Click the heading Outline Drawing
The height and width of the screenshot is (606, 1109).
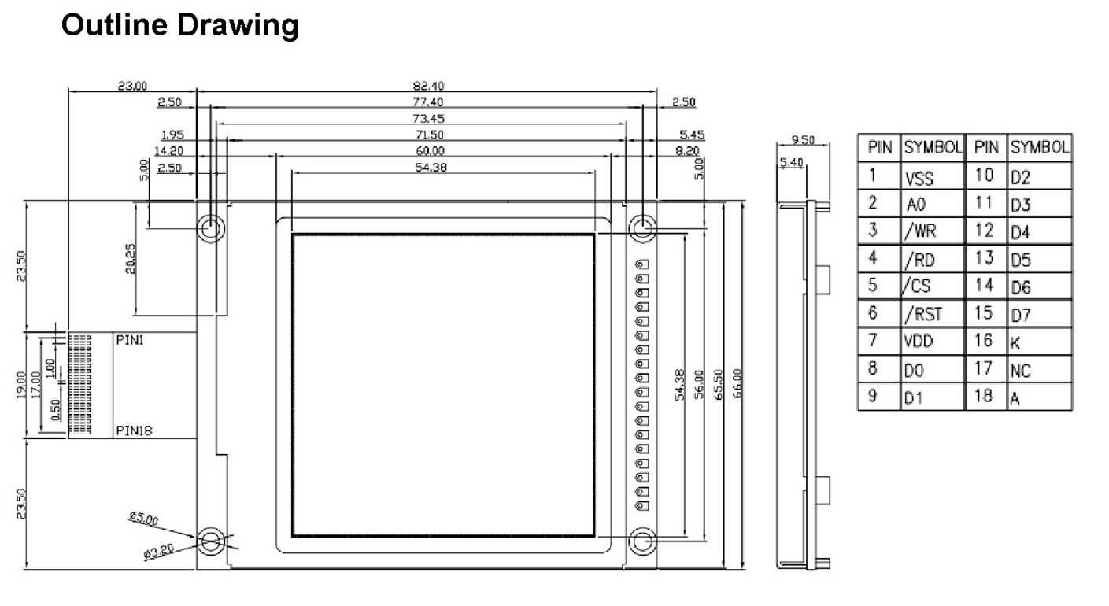pyautogui.click(x=179, y=27)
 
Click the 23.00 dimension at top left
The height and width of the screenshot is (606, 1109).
pyautogui.click(x=132, y=87)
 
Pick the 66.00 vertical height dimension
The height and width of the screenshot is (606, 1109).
pyautogui.click(x=737, y=385)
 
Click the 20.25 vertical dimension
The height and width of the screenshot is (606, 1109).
pyautogui.click(x=131, y=257)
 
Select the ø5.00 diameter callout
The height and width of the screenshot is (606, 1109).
pyautogui.click(x=143, y=519)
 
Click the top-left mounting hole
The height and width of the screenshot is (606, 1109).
pyautogui.click(x=211, y=229)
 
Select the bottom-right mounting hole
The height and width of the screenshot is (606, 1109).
pyautogui.click(x=642, y=541)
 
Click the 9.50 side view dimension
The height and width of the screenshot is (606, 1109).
pyautogui.click(x=802, y=142)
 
